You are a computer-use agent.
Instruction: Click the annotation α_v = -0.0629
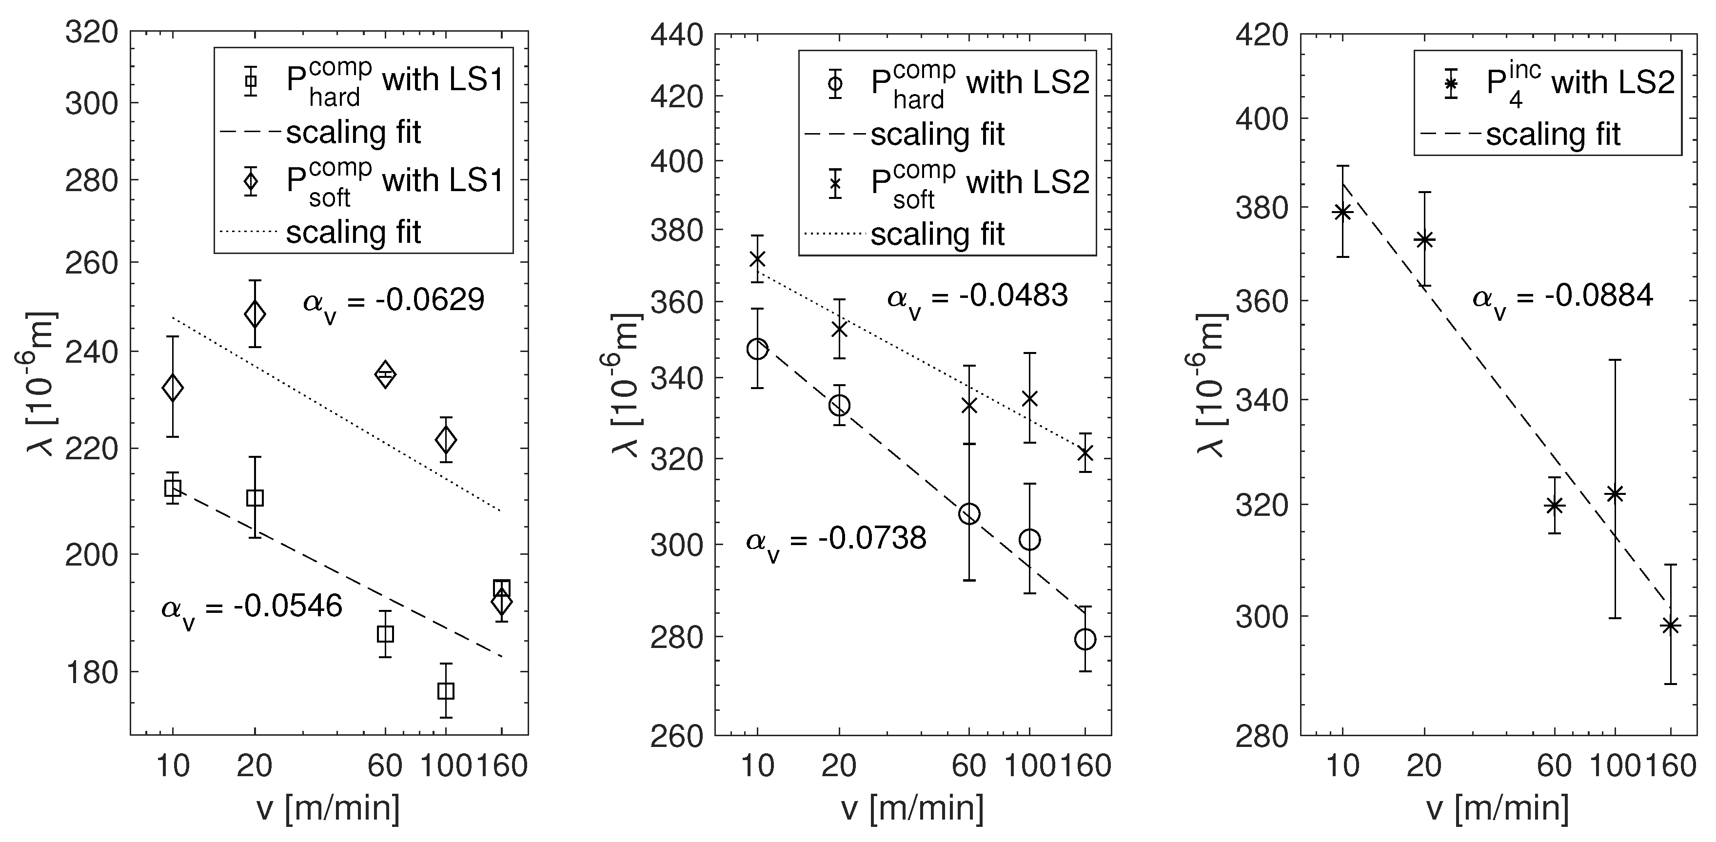coord(393,302)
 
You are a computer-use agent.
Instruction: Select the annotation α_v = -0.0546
coord(251,607)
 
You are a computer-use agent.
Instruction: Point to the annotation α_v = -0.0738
coord(835,540)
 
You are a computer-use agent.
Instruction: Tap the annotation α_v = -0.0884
coord(1562,297)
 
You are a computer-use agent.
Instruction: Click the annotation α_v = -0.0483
coord(977,297)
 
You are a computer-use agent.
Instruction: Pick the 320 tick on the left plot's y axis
coord(91,32)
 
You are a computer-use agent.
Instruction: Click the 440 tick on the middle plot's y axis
coord(676,35)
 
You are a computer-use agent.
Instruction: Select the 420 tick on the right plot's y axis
coord(1261,35)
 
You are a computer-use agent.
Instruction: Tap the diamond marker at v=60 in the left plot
coord(385,374)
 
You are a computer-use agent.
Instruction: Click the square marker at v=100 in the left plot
coord(446,691)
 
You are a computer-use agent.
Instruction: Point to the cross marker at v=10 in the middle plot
coord(757,258)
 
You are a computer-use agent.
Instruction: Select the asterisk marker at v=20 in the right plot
coord(1424,240)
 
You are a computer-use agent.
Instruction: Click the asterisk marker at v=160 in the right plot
coord(1670,626)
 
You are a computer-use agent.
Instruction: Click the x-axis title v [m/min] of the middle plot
coord(913,808)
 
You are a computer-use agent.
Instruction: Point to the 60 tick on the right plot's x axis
coord(1554,766)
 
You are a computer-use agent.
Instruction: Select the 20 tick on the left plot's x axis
coord(255,766)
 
